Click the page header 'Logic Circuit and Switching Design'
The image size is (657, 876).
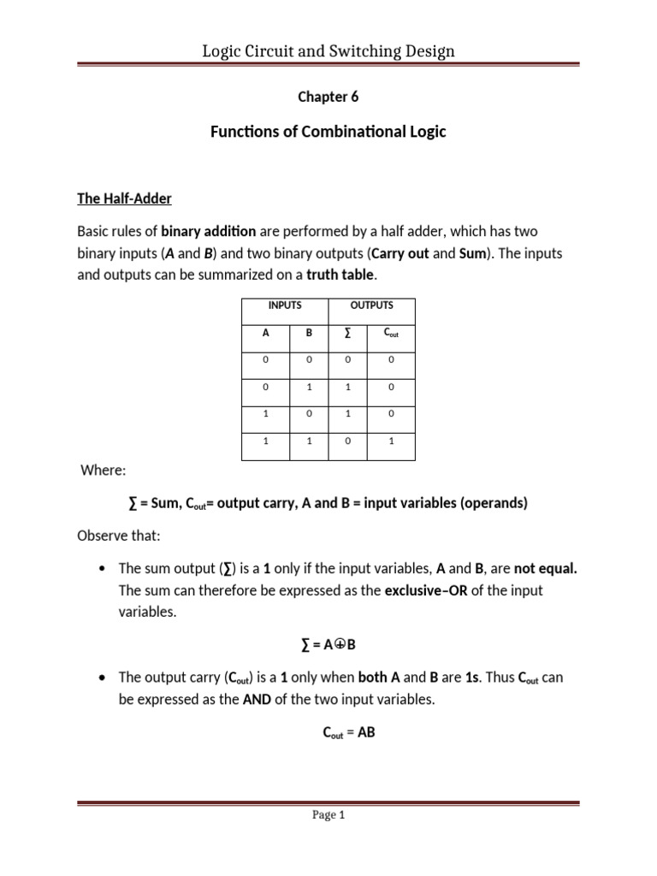pos(328,50)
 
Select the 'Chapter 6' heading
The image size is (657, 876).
pos(328,97)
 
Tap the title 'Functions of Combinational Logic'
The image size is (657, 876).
pos(328,133)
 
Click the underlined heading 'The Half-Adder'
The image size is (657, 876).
pos(124,198)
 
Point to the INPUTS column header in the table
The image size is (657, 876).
pos(285,305)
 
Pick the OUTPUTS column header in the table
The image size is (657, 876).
pos(371,305)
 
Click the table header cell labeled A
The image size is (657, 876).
pos(265,333)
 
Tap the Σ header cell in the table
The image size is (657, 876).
pos(349,333)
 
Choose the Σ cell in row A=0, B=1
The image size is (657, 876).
pos(349,388)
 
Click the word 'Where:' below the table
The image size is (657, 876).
pos(103,470)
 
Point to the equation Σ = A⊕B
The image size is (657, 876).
pos(328,644)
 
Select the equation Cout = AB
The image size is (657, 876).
pos(328,732)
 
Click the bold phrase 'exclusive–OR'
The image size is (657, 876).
pos(425,591)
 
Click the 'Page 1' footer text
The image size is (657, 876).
pos(328,815)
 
